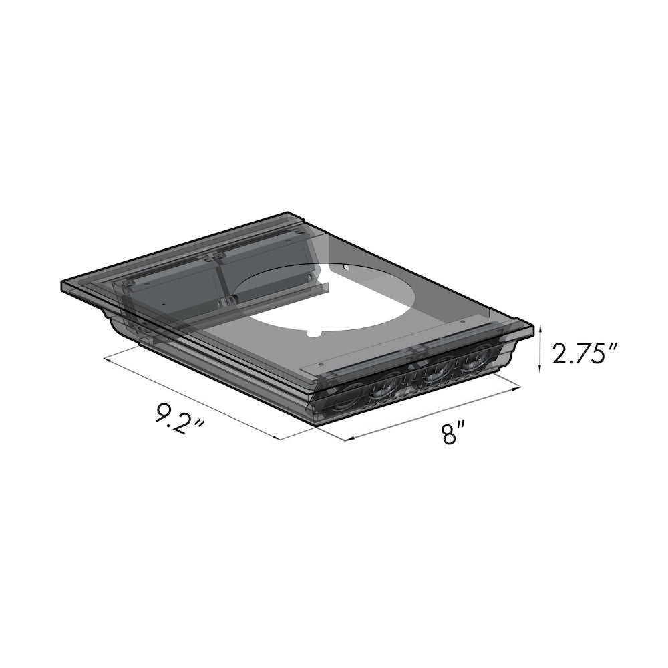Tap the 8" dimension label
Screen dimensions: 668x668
[449, 434]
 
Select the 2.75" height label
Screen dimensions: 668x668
[579, 353]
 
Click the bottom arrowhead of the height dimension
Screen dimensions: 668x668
[540, 371]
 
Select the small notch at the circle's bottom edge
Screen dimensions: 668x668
[313, 332]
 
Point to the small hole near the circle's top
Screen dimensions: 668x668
[345, 268]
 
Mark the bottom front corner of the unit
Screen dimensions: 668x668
[314, 424]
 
